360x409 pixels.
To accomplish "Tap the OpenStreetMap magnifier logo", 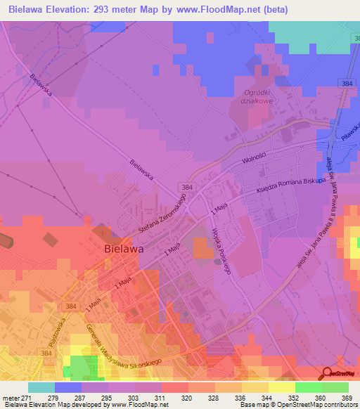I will pyautogui.click(x=328, y=373).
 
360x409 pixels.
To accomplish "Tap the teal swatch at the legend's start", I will pyautogui.click(x=41, y=387).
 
